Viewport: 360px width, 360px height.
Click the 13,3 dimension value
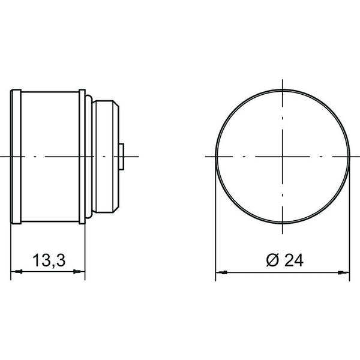[49, 260]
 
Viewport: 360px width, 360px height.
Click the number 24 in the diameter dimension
[294, 260]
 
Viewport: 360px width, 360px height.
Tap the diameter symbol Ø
[272, 260]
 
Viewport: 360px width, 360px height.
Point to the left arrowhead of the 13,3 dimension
[19, 272]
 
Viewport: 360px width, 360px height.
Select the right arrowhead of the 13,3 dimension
[77, 272]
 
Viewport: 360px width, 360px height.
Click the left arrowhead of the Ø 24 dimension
[223, 272]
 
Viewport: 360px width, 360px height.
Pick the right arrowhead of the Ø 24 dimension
[343, 272]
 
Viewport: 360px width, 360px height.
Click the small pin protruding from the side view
[121, 157]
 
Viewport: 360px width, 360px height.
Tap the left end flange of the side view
[16, 157]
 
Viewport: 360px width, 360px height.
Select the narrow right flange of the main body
[82, 157]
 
